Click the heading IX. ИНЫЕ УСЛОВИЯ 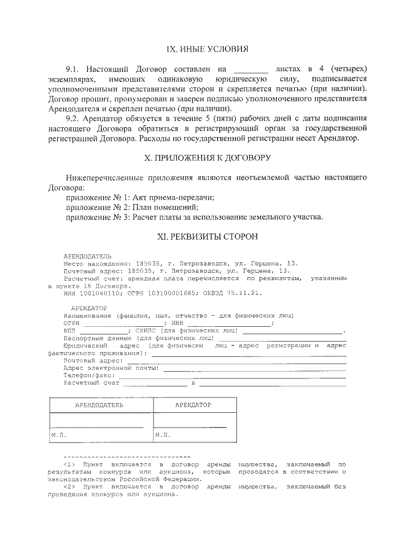pos(208,49)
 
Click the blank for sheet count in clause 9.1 pos(251,68)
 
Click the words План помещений pos(152,207)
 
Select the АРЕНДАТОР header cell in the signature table pos(193,405)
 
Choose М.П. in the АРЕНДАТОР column pos(163,434)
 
